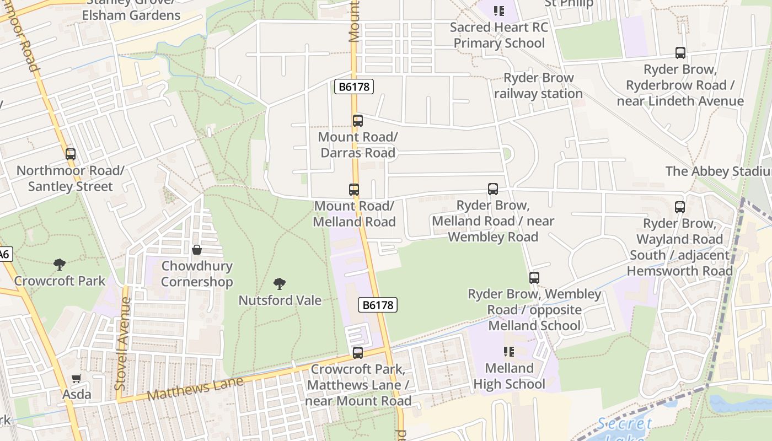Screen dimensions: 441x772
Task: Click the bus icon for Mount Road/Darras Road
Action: coord(358,121)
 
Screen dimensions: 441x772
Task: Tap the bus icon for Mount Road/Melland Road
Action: coord(354,190)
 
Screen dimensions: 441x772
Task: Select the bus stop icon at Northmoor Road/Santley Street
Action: coord(71,154)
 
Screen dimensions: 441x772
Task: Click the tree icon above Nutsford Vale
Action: coord(280,284)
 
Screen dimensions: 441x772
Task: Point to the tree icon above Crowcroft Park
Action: coord(60,265)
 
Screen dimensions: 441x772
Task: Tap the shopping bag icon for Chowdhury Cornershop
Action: coord(197,250)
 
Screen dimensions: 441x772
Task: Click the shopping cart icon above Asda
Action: coord(77,379)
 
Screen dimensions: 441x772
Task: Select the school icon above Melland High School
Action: coord(509,351)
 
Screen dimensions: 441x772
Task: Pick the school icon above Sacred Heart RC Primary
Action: coord(499,10)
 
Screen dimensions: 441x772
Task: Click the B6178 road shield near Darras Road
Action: coord(354,87)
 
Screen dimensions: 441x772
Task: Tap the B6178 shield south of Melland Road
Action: coord(378,305)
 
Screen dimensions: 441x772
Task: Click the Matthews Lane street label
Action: coord(195,388)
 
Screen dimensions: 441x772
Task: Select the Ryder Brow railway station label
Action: coord(538,86)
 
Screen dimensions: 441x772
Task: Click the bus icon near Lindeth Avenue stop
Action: coord(680,53)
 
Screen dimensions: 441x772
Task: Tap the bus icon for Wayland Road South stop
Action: coord(680,207)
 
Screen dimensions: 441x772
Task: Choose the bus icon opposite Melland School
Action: coord(534,277)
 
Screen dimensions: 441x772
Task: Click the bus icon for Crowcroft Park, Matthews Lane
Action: coord(358,352)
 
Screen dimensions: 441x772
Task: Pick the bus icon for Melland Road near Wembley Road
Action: coord(493,189)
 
